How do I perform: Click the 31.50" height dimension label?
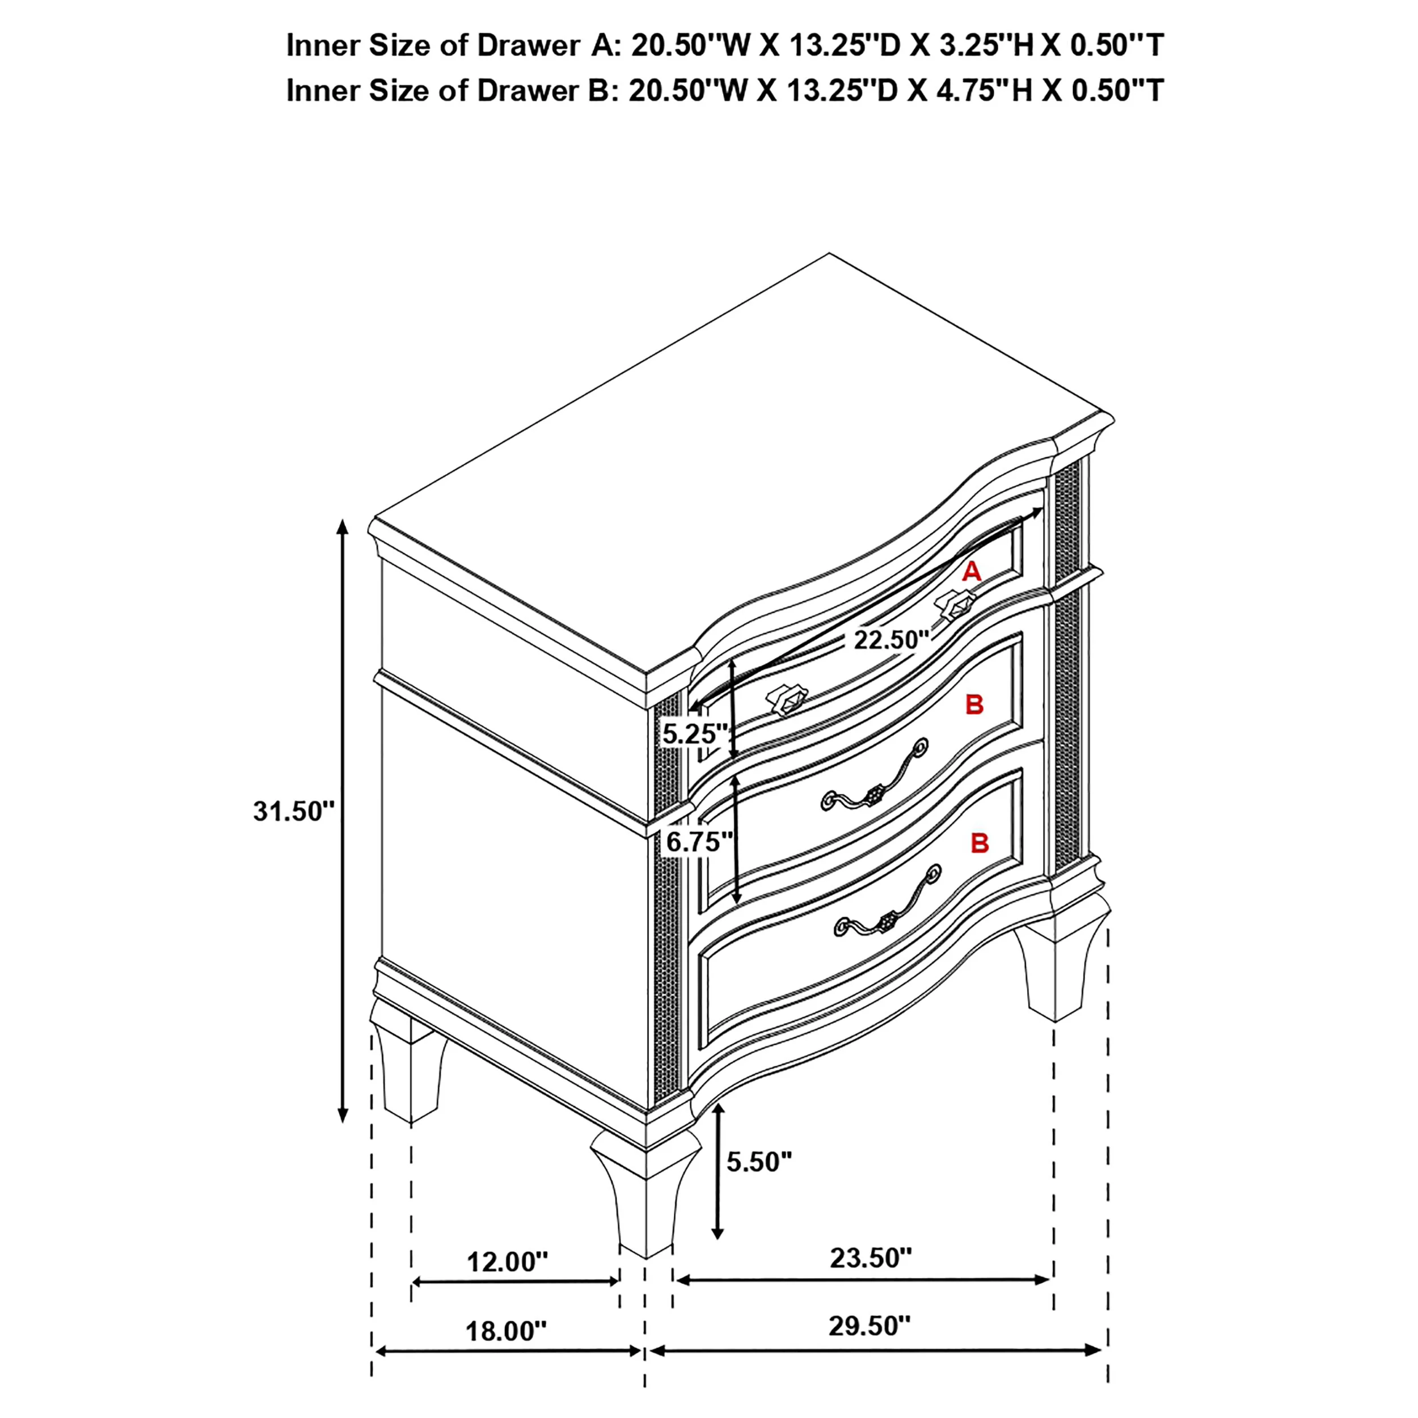click(294, 811)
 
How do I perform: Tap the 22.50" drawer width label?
click(891, 640)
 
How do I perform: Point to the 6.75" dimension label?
click(699, 842)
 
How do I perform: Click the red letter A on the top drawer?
click(972, 571)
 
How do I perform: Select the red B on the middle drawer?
click(974, 704)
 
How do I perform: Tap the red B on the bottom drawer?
click(980, 843)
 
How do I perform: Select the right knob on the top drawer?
click(956, 604)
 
